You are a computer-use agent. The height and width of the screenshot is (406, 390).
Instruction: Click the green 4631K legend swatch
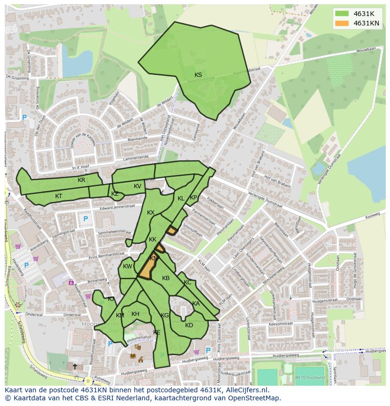(342, 14)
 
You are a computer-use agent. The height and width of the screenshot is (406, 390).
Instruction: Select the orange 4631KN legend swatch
(342, 23)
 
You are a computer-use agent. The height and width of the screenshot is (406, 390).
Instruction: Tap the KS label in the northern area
(198, 75)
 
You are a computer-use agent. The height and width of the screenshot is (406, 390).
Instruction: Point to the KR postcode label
(81, 180)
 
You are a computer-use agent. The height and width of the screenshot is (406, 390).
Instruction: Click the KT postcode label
(58, 196)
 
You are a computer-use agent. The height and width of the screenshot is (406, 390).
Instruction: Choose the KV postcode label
(137, 186)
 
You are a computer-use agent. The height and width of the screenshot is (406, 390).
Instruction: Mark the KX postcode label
(151, 213)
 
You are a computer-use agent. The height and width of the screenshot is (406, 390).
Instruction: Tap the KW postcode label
(128, 266)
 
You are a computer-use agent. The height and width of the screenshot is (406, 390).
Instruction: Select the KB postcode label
(166, 278)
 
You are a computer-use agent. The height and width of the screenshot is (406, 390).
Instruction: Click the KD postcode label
(189, 325)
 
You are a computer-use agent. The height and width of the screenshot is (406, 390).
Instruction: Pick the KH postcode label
(135, 314)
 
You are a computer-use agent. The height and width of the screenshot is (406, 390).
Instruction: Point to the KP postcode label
(193, 198)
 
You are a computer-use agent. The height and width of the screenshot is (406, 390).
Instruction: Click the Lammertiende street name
(132, 157)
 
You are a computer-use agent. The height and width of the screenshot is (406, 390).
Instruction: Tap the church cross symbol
(74, 366)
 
